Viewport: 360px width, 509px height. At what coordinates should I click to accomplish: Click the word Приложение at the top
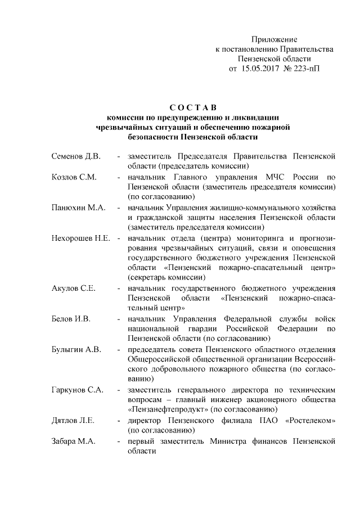pyautogui.click(x=274, y=39)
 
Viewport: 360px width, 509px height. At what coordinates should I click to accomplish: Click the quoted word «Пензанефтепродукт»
pyautogui.click(x=167, y=409)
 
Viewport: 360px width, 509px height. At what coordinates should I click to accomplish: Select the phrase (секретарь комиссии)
pyautogui.click(x=163, y=278)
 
